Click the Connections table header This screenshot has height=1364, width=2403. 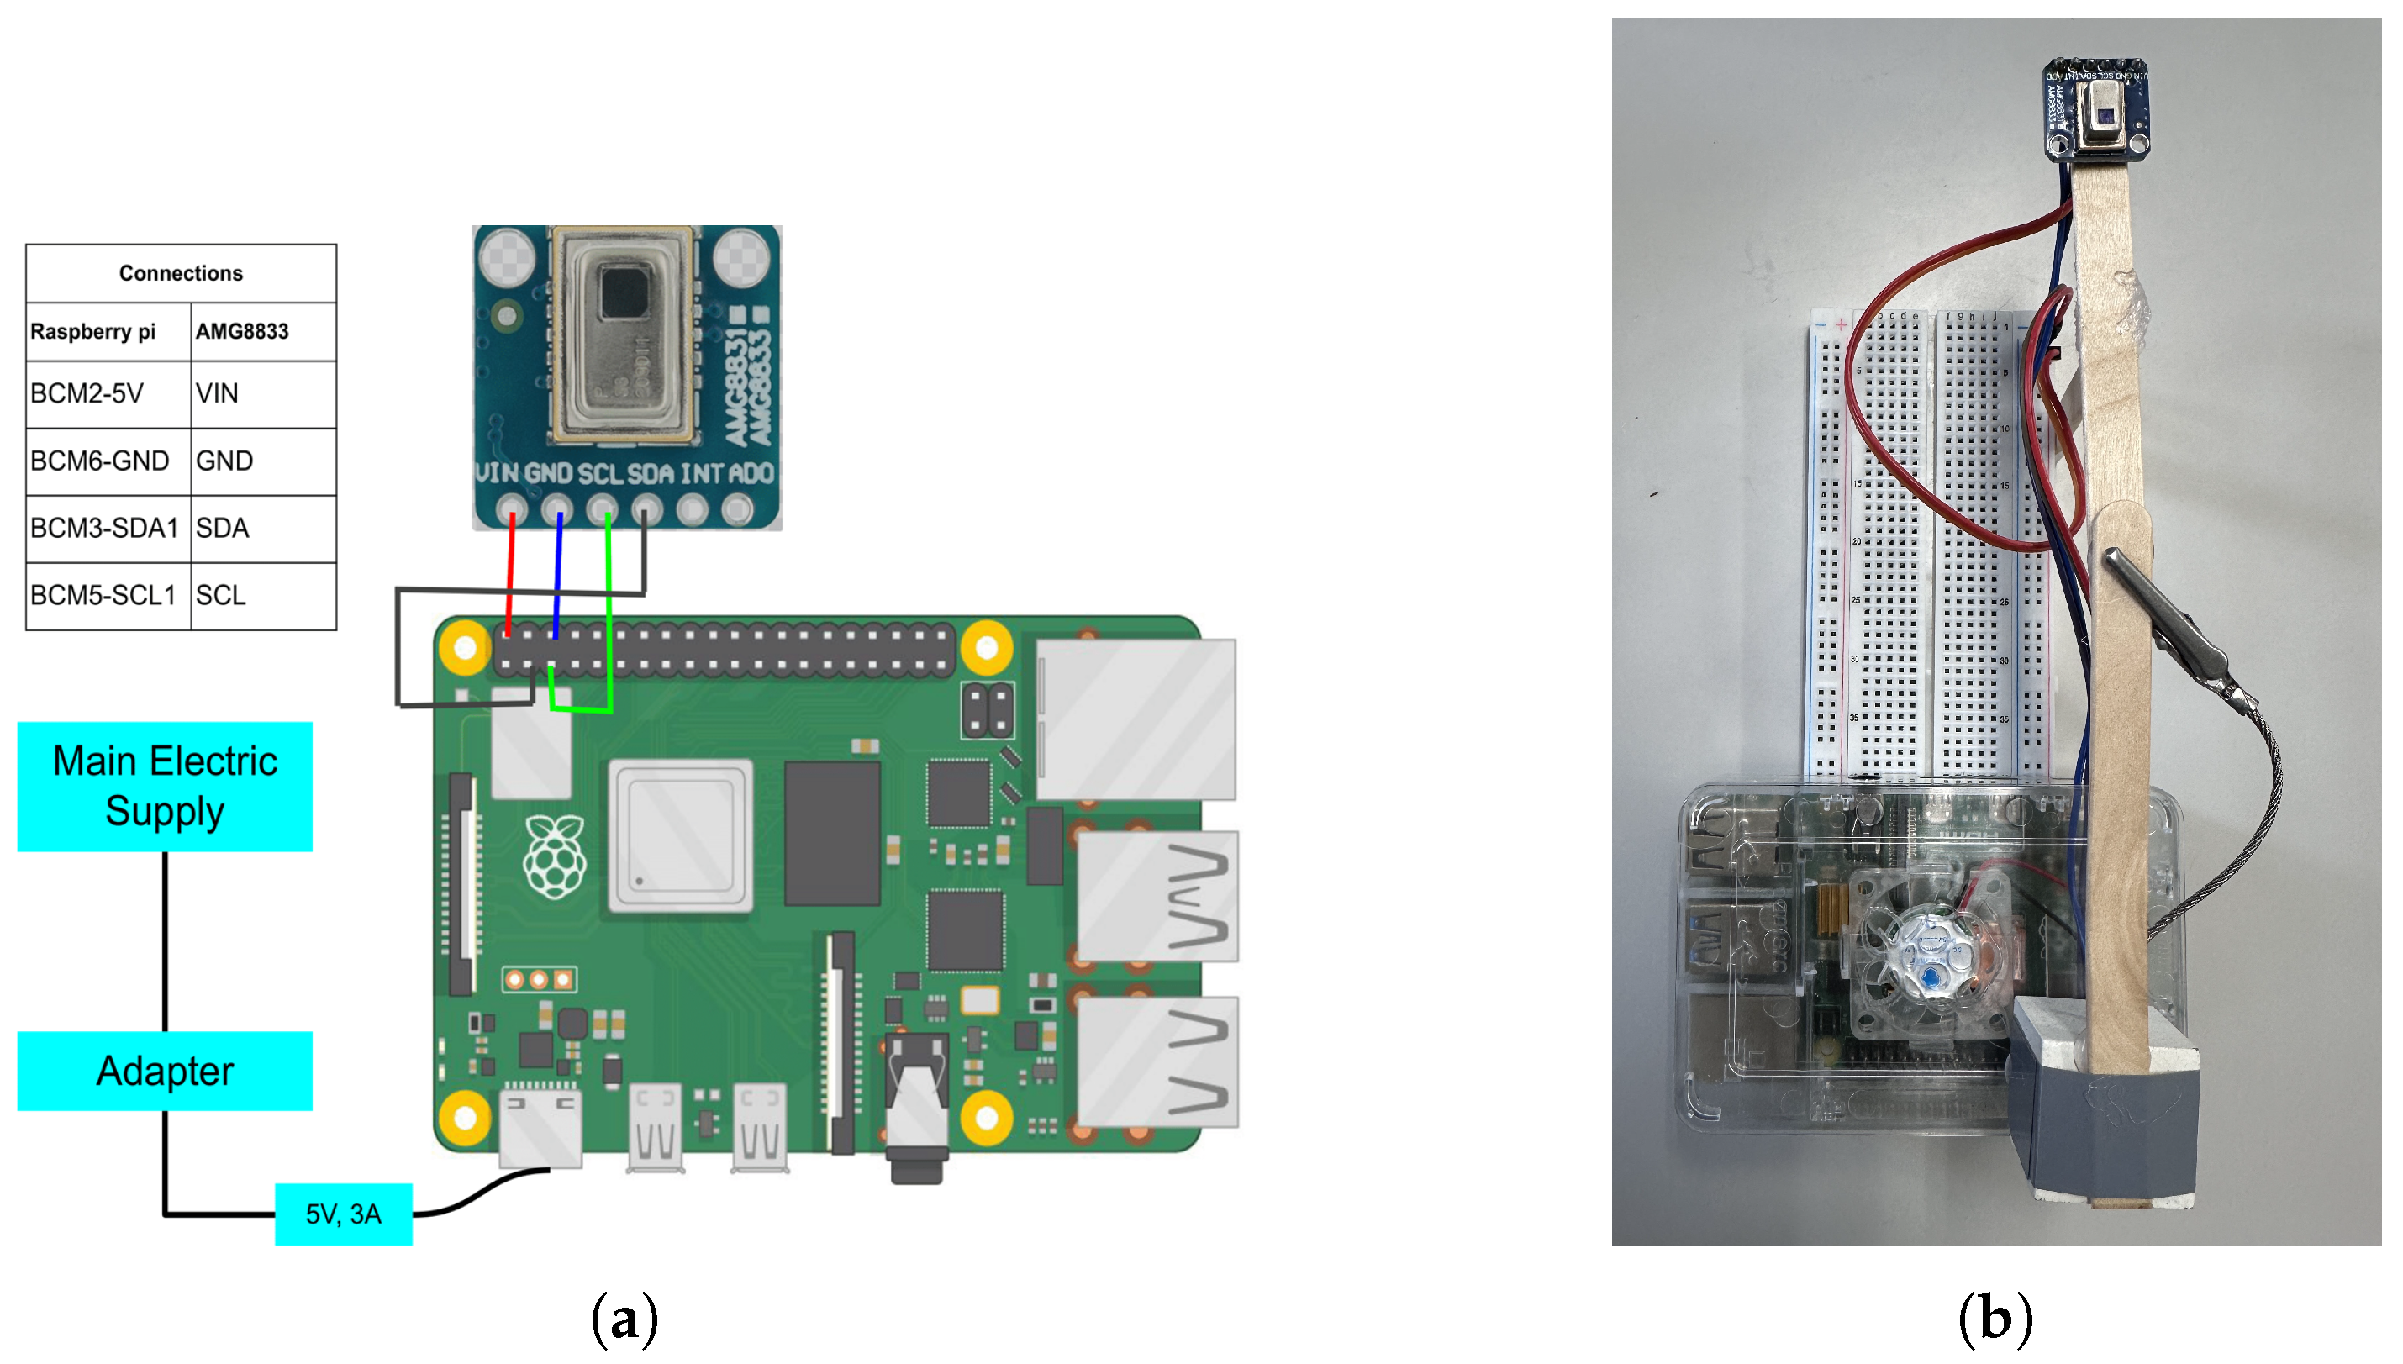click(181, 273)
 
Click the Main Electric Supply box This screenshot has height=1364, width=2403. click(165, 786)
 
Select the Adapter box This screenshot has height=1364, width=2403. click(165, 1071)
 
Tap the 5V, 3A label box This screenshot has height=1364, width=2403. click(344, 1214)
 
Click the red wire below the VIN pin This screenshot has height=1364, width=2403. click(510, 571)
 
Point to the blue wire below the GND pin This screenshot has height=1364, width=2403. click(558, 571)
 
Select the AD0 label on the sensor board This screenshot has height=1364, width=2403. click(751, 474)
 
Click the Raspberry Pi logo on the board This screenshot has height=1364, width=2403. click(555, 856)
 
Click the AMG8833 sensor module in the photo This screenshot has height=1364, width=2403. click(2095, 111)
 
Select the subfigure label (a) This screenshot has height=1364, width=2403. click(624, 1318)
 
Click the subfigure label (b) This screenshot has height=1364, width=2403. click(1995, 1318)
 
